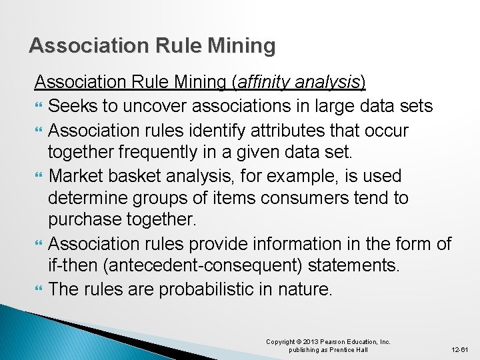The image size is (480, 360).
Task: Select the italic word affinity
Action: point(262,83)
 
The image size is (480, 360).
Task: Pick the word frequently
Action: point(169,153)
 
